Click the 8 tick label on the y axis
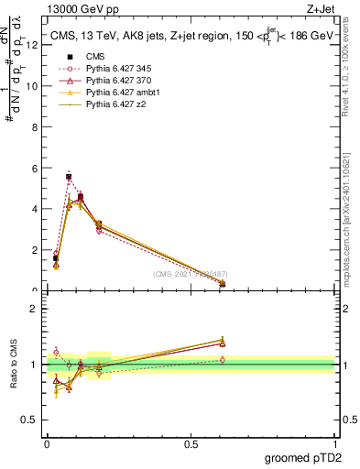32,127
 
